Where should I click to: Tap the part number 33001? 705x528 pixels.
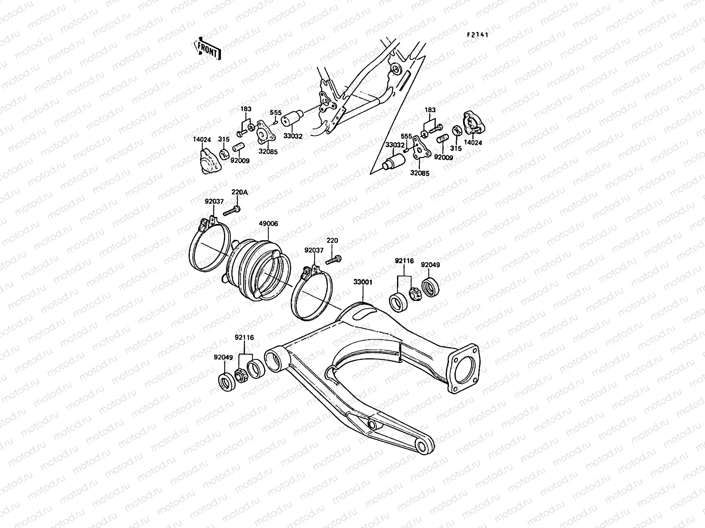click(x=363, y=282)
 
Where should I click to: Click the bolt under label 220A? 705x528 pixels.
click(x=231, y=211)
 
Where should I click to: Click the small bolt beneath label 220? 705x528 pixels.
click(x=334, y=260)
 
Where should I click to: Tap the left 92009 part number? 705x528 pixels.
click(x=240, y=161)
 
